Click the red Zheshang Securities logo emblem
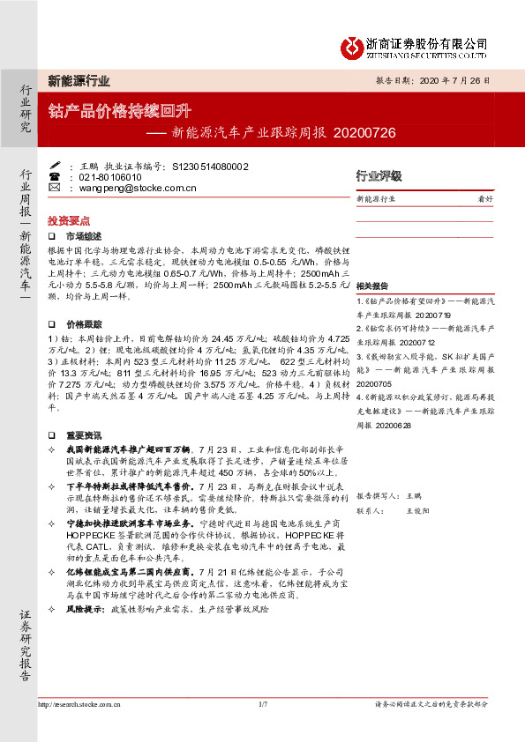point(356,45)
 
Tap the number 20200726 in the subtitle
point(365,133)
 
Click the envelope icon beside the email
point(54,188)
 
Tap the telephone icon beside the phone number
point(54,177)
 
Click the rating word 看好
point(484,200)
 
